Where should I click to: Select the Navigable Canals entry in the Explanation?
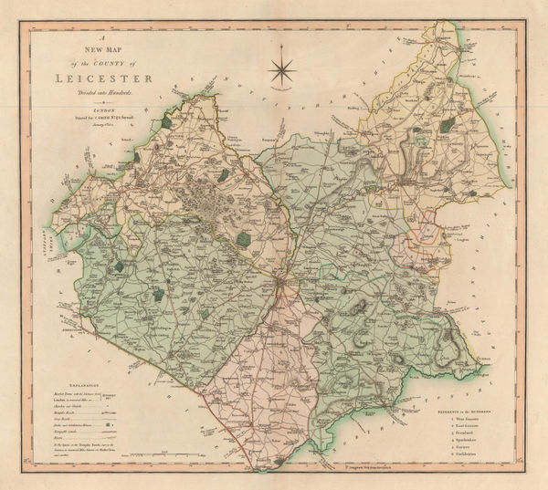tap(64, 433)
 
